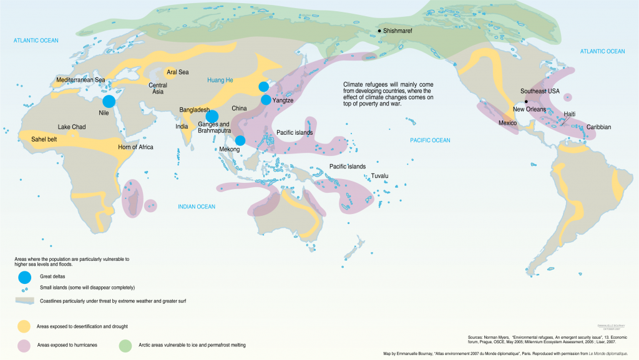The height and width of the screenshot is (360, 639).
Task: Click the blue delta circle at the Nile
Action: click(x=109, y=101)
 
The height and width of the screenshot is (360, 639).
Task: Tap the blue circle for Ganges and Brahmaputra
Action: click(x=212, y=116)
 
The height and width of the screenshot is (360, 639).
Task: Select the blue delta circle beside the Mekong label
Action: click(x=240, y=140)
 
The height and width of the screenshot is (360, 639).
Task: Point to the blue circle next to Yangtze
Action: click(x=266, y=100)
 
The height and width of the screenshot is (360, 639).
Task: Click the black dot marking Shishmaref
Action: click(x=379, y=31)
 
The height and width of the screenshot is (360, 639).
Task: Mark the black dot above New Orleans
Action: click(x=526, y=101)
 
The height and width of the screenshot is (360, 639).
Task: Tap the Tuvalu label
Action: click(x=379, y=176)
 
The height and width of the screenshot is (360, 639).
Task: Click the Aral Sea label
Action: click(x=178, y=72)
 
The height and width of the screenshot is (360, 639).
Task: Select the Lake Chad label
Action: click(x=72, y=127)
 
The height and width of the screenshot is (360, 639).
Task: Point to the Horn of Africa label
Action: click(x=135, y=147)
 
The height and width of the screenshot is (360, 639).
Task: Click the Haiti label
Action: click(x=569, y=114)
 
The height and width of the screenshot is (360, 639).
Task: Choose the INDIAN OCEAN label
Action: click(x=196, y=207)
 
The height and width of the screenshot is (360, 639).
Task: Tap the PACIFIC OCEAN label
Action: click(x=429, y=140)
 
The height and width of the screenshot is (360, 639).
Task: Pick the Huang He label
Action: click(x=220, y=80)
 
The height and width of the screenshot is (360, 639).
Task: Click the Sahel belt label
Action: click(x=44, y=140)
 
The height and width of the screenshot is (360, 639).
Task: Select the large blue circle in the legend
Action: click(x=24, y=276)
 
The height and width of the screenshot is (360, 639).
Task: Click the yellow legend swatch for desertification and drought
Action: click(x=24, y=326)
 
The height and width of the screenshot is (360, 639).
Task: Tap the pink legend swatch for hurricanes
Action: click(x=24, y=344)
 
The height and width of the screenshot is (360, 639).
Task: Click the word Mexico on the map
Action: click(x=509, y=123)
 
